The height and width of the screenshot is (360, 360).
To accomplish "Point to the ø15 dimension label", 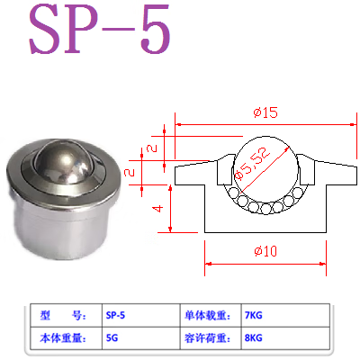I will click(265, 112).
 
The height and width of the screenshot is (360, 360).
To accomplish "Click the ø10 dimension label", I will click(265, 252).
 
